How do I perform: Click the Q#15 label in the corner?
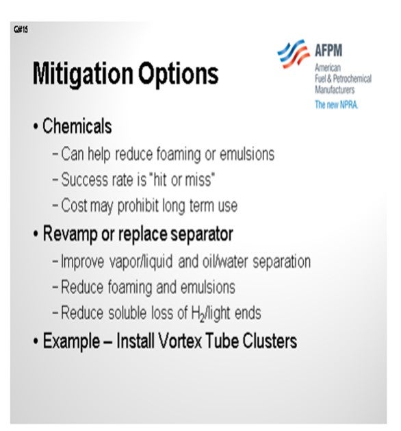21,29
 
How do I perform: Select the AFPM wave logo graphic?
294,53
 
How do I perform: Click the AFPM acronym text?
328,50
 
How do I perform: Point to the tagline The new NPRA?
337,104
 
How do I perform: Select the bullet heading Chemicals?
77,126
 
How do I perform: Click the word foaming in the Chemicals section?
179,154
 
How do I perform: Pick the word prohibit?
138,206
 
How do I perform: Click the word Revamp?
70,234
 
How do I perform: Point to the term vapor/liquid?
141,262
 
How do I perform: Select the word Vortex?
180,341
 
